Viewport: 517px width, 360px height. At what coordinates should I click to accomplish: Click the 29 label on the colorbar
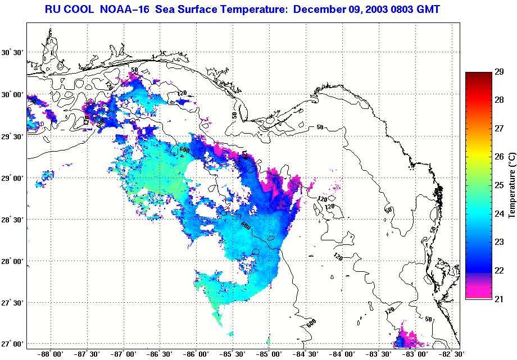(498, 72)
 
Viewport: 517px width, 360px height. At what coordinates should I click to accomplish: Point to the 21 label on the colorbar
(498, 298)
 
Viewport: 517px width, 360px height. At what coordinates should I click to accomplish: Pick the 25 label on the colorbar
(498, 185)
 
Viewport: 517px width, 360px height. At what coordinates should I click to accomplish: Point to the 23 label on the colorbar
(498, 241)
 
